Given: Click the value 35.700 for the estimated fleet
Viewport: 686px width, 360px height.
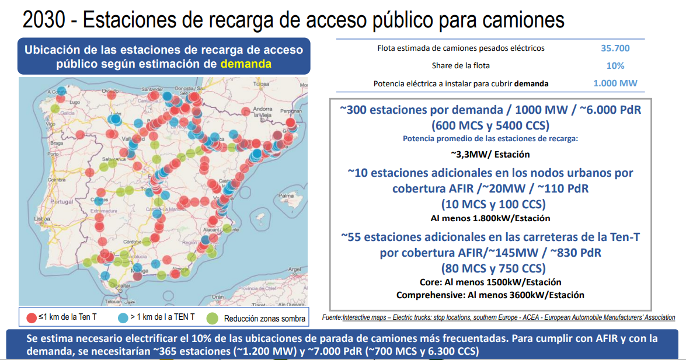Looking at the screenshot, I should pos(615,48).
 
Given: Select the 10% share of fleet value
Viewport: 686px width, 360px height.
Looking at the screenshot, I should pos(615,66).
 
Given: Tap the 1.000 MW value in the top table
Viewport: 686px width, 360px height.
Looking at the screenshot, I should pos(615,83).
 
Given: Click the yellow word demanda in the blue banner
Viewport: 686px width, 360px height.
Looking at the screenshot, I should pos(246,64).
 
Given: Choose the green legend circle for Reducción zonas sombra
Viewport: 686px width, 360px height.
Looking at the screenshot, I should pos(213,318).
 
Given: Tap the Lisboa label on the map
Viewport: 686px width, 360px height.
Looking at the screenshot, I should pos(43,219).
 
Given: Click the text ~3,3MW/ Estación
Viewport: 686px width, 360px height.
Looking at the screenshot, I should pos(490,155).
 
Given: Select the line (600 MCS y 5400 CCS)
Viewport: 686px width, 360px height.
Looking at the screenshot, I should pos(490,125).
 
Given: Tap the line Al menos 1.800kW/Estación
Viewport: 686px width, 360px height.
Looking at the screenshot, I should pos(490,218).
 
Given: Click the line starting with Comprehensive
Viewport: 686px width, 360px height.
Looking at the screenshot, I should pos(490,295).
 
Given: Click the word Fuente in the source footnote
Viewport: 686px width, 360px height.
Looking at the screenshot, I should pos(332,317).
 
